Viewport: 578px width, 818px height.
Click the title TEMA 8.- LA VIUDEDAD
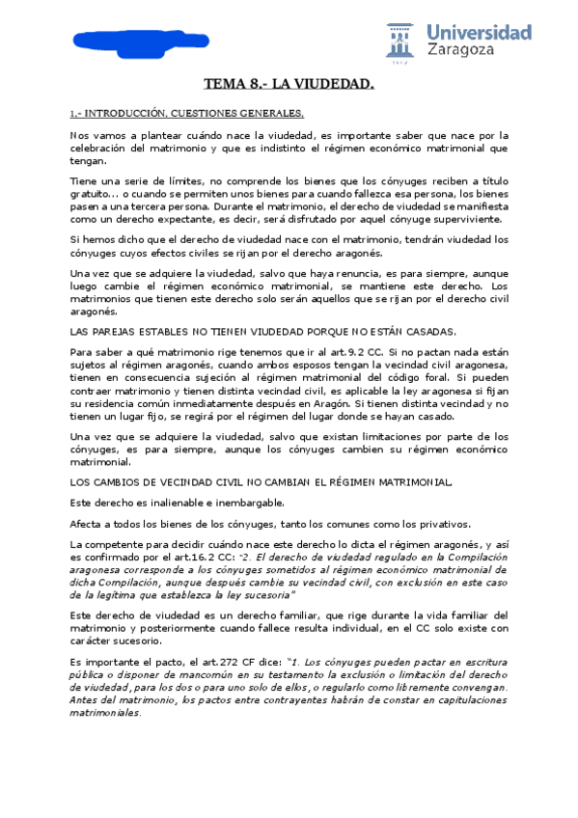tap(289, 86)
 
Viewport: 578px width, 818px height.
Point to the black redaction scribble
tap(108, 40)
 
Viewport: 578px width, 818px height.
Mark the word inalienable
tap(160, 504)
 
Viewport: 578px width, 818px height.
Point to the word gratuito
tap(93, 192)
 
